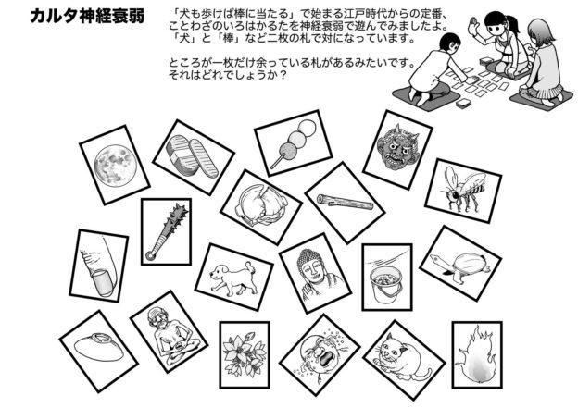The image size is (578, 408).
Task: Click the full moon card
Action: [115, 165]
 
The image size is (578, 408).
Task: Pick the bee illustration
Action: [463, 189]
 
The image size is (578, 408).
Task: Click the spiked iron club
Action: [167, 231]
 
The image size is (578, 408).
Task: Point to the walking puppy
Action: [233, 278]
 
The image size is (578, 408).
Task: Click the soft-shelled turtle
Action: [460, 263]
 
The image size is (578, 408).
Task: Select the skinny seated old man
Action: [172, 335]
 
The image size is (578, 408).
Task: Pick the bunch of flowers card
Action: [245, 354]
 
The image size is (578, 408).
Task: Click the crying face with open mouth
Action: [320, 354]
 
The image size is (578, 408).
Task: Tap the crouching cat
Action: [401, 358]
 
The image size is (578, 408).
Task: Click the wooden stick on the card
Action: [345, 202]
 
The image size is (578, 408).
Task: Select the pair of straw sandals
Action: [192, 156]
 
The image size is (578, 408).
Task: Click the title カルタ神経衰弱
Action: [87, 17]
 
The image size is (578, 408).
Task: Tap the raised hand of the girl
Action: [473, 27]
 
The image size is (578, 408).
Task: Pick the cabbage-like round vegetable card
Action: [261, 206]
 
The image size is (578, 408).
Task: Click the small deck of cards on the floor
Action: [463, 103]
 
